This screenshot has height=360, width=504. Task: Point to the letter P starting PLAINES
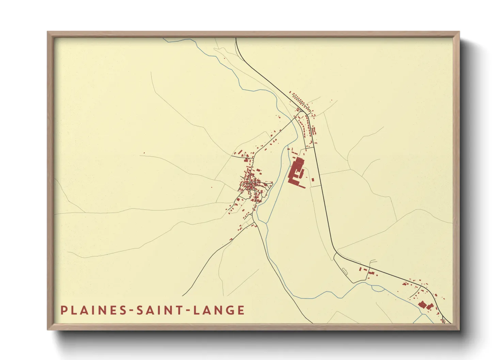coord(63,310)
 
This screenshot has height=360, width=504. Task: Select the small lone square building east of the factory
coord(313,179)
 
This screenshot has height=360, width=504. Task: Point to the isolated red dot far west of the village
coord(144,153)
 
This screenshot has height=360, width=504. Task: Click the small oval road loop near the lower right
coord(345,271)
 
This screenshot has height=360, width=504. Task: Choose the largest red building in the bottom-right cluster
coord(422,304)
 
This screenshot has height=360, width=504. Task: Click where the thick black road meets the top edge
coord(236,38)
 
